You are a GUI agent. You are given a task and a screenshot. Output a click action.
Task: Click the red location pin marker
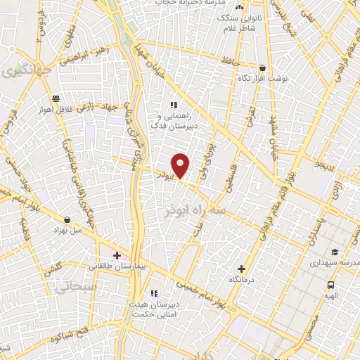tap(181, 164)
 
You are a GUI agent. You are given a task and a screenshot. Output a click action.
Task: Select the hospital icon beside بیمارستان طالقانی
tap(117, 255)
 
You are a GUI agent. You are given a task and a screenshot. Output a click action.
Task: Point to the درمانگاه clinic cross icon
tap(242, 269)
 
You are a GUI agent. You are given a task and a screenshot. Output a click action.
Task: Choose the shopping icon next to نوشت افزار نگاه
tap(262, 68)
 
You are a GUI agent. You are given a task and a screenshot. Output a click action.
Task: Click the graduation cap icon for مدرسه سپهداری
tap(335, 251)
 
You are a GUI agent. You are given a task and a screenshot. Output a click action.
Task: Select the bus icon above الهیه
tap(330, 285)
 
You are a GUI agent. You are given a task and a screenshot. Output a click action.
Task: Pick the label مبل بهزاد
tap(68, 230)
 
